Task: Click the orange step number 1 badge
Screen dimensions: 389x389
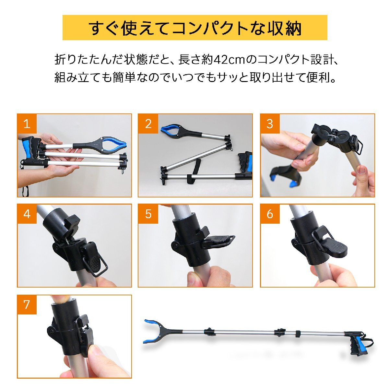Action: [x=27, y=124]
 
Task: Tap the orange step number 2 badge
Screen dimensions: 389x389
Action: [x=148, y=124]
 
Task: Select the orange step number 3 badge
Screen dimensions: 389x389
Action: [x=270, y=124]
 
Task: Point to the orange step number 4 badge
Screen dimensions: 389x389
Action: [x=27, y=214]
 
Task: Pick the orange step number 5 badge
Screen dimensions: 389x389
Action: [x=148, y=214]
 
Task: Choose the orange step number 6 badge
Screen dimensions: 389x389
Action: [x=270, y=214]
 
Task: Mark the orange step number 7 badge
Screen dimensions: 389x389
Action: [x=27, y=304]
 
